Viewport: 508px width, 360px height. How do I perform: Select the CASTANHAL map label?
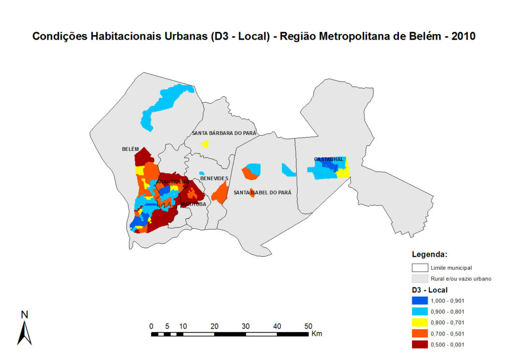[328, 159]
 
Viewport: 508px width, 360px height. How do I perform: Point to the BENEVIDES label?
[214, 178]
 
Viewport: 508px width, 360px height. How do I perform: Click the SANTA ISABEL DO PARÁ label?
[262, 193]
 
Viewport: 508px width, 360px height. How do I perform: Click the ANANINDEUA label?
[173, 182]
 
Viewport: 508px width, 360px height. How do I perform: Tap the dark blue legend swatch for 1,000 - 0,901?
[420, 300]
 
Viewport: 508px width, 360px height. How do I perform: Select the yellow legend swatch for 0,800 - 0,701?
[420, 322]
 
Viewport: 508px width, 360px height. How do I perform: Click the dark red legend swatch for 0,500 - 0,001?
[420, 344]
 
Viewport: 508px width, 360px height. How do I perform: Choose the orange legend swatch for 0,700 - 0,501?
[420, 333]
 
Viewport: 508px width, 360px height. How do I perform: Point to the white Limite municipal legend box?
[420, 268]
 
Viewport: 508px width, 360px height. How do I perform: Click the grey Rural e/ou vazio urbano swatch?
[420, 279]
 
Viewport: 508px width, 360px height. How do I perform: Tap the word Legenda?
[430, 255]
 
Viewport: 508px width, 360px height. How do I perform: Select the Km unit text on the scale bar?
[317, 334]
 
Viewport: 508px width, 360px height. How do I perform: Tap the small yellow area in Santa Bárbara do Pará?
[205, 144]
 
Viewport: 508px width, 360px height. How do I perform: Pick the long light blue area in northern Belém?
[164, 104]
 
